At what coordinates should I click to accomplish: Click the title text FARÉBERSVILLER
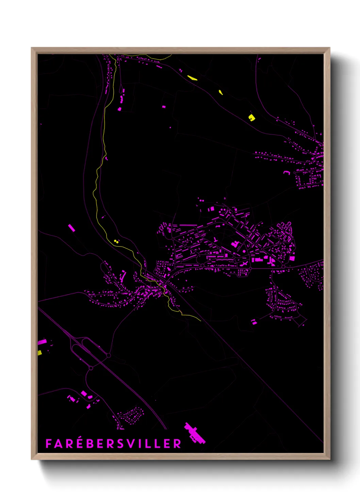click(113, 443)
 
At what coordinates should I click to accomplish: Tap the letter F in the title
click(49, 444)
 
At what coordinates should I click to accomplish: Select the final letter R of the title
click(177, 444)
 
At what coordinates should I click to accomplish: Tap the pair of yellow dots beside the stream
click(116, 241)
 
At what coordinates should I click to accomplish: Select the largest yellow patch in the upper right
click(251, 117)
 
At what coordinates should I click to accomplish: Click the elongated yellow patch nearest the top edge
click(192, 78)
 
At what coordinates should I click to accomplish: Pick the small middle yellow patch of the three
click(220, 92)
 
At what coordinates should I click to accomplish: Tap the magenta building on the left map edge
click(42, 342)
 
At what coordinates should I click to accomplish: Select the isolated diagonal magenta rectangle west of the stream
click(71, 228)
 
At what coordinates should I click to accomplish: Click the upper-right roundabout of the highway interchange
click(109, 355)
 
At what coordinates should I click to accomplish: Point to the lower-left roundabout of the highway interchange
click(91, 368)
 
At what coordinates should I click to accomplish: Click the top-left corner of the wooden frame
click(32, 48)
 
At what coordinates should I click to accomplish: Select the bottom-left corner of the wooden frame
click(32, 459)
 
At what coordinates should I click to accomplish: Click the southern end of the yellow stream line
click(200, 320)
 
